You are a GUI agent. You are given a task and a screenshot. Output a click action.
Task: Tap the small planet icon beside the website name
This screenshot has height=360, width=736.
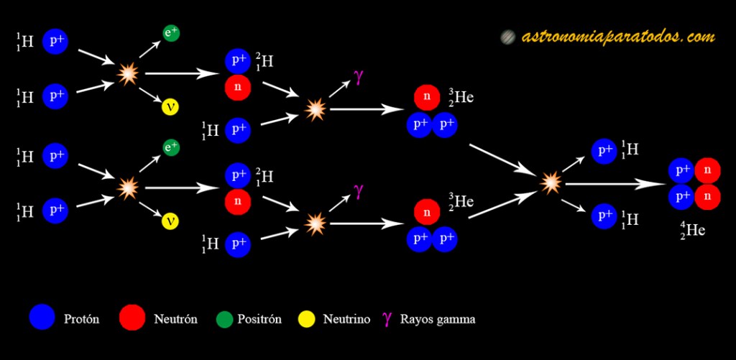coord(508,37)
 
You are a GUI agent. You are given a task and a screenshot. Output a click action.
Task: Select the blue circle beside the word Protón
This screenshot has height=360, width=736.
coord(42,318)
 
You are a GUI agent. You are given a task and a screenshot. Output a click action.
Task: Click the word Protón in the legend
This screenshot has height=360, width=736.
coord(81,318)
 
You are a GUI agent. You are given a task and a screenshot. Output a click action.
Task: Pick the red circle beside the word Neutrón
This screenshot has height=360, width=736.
coord(132,318)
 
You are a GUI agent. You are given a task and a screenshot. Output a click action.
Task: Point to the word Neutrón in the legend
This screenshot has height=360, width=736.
coord(175,318)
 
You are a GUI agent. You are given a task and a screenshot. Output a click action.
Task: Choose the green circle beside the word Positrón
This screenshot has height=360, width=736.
coord(226,318)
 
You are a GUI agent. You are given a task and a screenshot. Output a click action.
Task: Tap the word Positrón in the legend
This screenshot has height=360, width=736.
coord(259,318)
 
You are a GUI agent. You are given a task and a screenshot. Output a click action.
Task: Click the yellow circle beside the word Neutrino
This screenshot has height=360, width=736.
coord(307,318)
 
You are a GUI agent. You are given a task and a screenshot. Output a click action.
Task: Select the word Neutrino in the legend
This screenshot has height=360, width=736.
coord(346,318)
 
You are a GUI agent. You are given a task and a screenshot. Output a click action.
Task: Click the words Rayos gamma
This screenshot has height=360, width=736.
coord(438,318)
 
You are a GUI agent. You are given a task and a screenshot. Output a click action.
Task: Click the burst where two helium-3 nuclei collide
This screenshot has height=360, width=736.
coord(551,182)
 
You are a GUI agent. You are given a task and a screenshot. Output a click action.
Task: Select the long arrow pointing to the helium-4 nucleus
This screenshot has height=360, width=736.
coord(615,183)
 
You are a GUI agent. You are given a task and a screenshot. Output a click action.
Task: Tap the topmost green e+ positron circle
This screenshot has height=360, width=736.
coord(171,33)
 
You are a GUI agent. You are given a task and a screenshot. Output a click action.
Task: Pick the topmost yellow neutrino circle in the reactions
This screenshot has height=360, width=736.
coord(171,106)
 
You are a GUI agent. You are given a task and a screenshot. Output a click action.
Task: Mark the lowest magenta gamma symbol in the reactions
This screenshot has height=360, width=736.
coord(357,191)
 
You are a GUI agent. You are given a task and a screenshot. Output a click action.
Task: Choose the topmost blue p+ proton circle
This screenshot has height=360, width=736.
coord(56,42)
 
